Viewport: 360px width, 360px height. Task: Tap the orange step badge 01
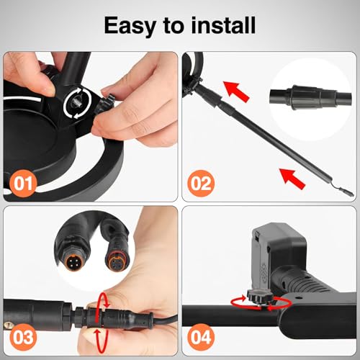click(x=23, y=184)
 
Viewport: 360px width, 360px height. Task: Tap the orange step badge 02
click(x=201, y=184)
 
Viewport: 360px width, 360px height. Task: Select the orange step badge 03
click(x=23, y=337)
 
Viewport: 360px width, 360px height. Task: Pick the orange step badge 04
click(x=201, y=337)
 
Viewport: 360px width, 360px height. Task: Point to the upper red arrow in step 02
click(x=236, y=91)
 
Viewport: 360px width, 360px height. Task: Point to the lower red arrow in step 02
click(x=292, y=179)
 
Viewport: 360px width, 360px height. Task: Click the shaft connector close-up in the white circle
click(x=311, y=98)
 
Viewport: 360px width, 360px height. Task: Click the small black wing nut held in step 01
click(x=107, y=104)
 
